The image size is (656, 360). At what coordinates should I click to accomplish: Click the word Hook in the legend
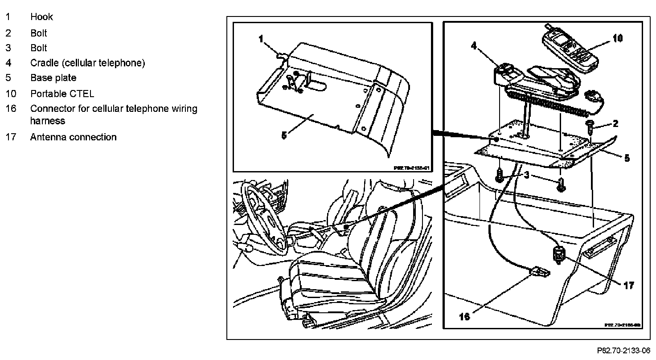pos(41,17)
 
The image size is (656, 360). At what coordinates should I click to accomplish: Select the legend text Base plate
pos(53,78)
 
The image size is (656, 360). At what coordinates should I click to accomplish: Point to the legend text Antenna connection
pos(73,137)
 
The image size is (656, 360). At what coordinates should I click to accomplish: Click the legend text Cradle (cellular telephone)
pos(87,63)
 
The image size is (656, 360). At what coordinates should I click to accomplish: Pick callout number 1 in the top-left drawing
pos(261,39)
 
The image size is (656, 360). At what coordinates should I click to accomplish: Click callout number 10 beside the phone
pos(617,39)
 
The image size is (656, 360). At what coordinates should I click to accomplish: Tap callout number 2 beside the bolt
pos(615,124)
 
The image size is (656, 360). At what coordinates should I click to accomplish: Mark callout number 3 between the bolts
pos(526,176)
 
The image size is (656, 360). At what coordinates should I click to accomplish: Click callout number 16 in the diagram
pos(464,316)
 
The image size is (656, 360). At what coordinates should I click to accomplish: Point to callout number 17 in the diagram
pos(628,286)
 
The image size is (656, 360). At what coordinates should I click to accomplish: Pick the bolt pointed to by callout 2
pos(591,127)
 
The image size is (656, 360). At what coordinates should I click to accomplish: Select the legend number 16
pos(10,109)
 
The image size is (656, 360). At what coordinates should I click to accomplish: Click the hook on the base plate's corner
pos(282,54)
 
